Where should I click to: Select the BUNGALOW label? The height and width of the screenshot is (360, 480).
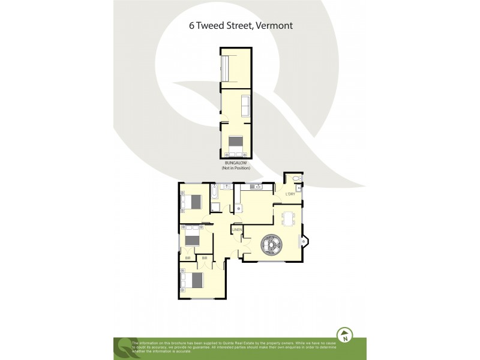(x=236, y=163)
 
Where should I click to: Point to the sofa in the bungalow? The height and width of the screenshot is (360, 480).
(x=245, y=106)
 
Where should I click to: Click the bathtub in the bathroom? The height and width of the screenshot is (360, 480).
(x=214, y=193)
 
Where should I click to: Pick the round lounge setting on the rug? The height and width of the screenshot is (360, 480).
(x=270, y=244)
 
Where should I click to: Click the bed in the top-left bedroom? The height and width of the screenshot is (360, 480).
(x=193, y=202)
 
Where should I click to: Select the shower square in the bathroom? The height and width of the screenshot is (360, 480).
(x=215, y=208)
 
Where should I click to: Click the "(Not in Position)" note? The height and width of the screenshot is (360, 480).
(x=236, y=168)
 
